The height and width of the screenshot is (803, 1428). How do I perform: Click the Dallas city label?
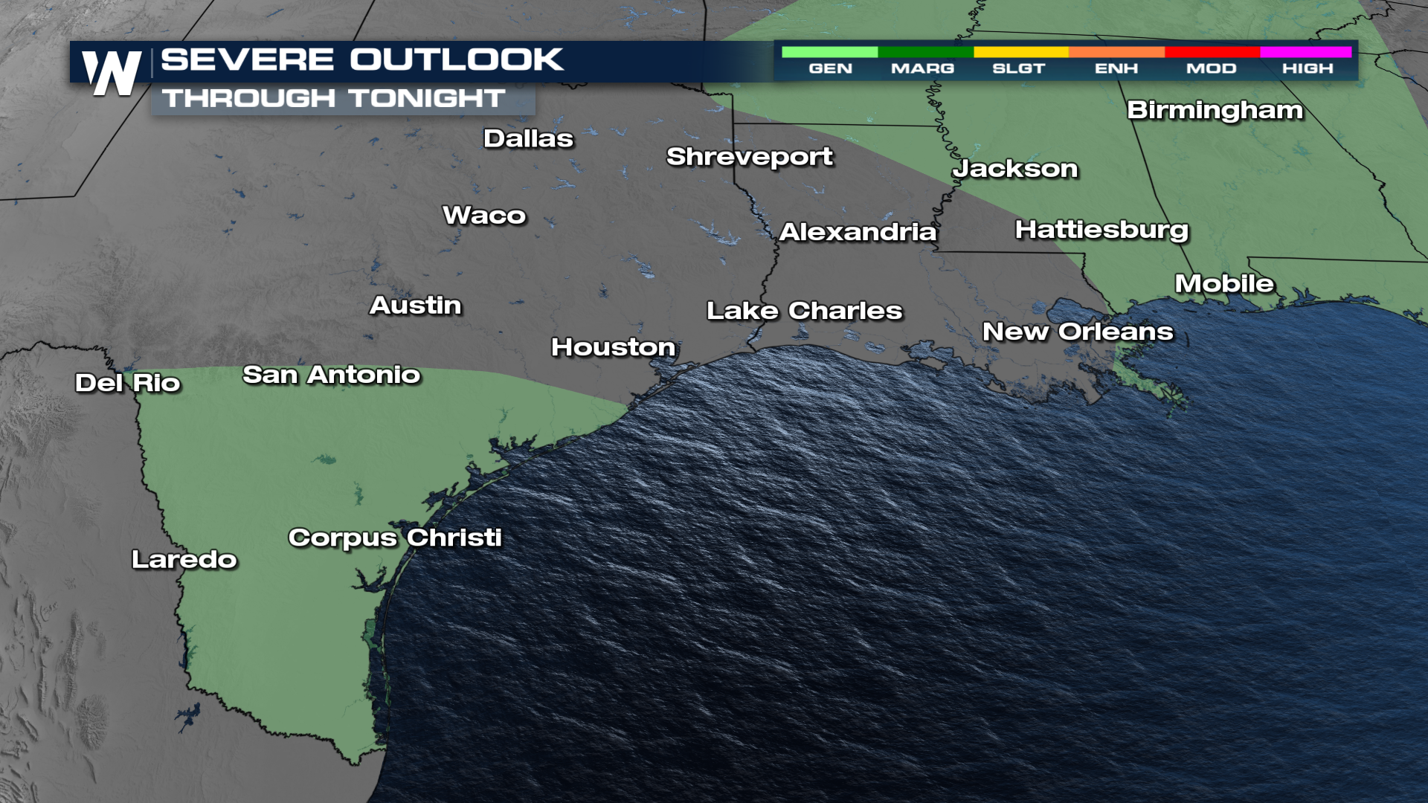click(x=528, y=139)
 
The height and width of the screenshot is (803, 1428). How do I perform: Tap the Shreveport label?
click(x=749, y=157)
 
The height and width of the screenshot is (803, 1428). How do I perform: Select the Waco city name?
click(x=484, y=216)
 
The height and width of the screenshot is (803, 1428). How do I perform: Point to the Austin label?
click(x=416, y=306)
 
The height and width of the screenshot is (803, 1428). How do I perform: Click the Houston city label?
click(x=613, y=347)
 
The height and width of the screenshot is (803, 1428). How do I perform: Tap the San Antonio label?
click(x=331, y=375)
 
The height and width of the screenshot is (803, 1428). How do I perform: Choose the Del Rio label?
click(x=128, y=383)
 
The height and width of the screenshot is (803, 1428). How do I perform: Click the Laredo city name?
click(x=184, y=559)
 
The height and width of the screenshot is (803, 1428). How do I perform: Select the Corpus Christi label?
click(x=395, y=538)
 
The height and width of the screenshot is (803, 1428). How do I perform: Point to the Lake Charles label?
click(x=804, y=311)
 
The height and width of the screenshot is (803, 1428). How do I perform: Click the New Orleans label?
click(x=1078, y=332)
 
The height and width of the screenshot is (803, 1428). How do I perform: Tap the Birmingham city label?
click(x=1215, y=111)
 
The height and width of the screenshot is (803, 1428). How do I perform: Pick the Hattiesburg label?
click(x=1101, y=230)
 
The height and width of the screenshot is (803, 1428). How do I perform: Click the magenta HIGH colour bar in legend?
click(x=1305, y=52)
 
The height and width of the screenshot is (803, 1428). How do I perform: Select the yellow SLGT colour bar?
click(x=1020, y=52)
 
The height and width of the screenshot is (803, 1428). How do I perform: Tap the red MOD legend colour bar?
click(x=1212, y=52)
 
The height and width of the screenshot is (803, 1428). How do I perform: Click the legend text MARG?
click(x=922, y=68)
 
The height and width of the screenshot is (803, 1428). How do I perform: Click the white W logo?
click(x=112, y=73)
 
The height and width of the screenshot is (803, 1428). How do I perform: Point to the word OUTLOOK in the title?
click(x=457, y=59)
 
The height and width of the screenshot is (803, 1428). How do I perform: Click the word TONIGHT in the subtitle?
click(x=427, y=98)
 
